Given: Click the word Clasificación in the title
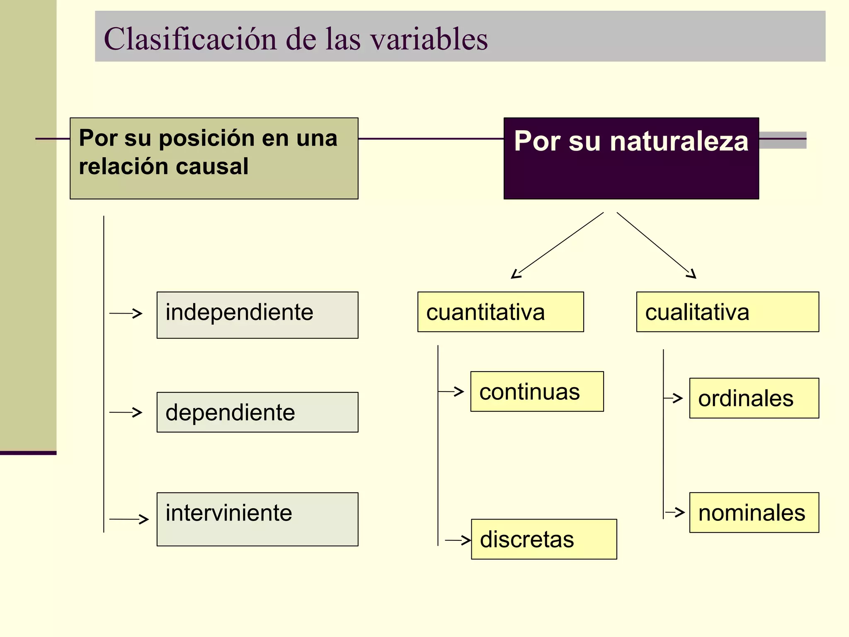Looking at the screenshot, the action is point(190,39).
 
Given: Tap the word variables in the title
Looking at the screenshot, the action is point(429,39).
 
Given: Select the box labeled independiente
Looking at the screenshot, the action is point(257,315).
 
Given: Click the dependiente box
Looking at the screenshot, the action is point(257,412).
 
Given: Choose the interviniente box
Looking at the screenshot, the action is point(257,519).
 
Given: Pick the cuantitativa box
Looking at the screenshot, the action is point(500,312).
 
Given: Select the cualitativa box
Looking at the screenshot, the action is point(728,312).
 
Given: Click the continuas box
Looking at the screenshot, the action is point(537,391).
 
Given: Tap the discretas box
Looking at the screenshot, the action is point(544,539).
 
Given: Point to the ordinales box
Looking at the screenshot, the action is point(754,398).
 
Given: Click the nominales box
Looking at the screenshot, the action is point(754,513).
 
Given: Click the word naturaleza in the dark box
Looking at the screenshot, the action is point(679,141).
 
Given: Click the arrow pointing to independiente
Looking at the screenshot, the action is point(126,314).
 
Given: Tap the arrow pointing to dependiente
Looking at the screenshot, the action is point(126,412).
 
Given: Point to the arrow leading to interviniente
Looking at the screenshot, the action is point(129,519).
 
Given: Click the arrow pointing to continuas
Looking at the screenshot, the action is point(451,391).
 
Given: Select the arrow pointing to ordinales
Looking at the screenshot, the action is point(673,398).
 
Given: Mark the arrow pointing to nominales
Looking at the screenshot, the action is point(674,512).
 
